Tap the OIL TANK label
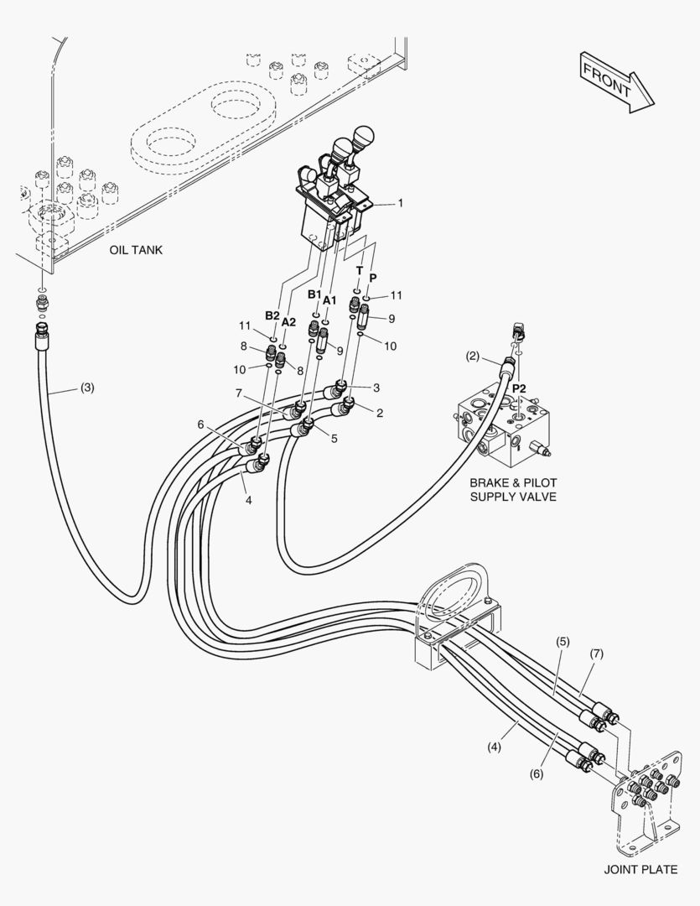pyautogui.click(x=136, y=250)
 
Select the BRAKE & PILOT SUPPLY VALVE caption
pyautogui.click(x=513, y=489)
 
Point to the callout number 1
pyautogui.click(x=400, y=203)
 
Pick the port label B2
pyautogui.click(x=272, y=315)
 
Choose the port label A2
pyautogui.click(x=288, y=322)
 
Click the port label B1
pyautogui.click(x=314, y=294)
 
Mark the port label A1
pyautogui.click(x=329, y=300)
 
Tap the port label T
pyautogui.click(x=360, y=270)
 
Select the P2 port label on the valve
pyautogui.click(x=519, y=389)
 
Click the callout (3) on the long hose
pyautogui.click(x=86, y=388)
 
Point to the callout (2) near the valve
pyautogui.click(x=473, y=357)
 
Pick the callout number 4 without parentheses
pyautogui.click(x=248, y=500)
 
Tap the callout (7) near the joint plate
pyautogui.click(x=597, y=653)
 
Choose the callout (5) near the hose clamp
pyautogui.click(x=563, y=641)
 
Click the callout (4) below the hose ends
pyautogui.click(x=494, y=747)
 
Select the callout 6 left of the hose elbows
pyautogui.click(x=200, y=424)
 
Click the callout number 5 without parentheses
pyautogui.click(x=334, y=439)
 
